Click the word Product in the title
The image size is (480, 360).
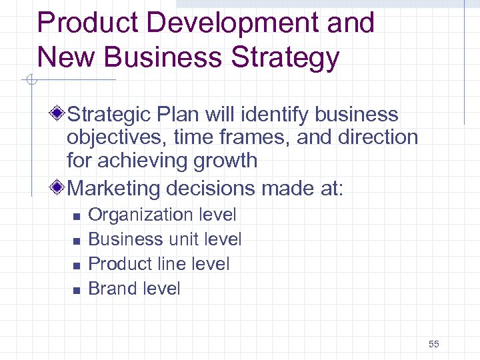[x=88, y=23]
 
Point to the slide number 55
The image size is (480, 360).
[x=434, y=344]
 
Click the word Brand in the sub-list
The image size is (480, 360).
[x=110, y=289]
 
